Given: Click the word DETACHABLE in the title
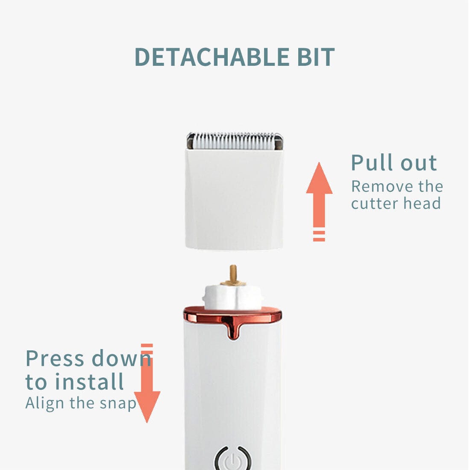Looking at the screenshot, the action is point(212,57).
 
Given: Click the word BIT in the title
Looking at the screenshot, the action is point(316,57).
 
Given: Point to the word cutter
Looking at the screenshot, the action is point(375,203).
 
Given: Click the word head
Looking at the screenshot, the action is point(422,203).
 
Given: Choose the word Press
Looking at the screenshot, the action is point(55,358).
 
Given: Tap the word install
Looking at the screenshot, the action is point(89,381).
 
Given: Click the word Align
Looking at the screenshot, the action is point(45,403).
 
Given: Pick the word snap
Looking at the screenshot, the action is point(118,404).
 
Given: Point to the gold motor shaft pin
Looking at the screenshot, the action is point(233,274).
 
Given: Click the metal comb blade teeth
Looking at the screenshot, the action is point(235,141).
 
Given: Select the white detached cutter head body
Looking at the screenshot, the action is point(234,199).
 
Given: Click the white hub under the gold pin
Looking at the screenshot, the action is point(233,297).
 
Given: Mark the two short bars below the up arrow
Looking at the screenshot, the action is point(319,236).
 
